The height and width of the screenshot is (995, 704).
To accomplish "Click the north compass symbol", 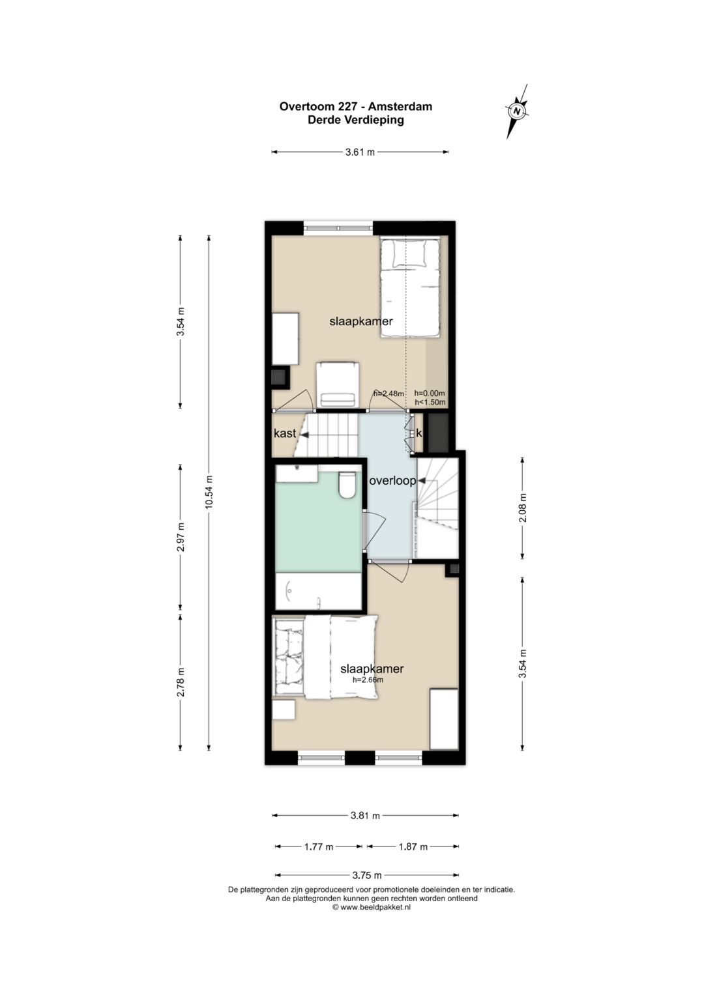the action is [x=516, y=111].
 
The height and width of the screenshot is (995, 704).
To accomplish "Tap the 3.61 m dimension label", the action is [x=360, y=152].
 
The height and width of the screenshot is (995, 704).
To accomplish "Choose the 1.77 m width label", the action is [x=319, y=846].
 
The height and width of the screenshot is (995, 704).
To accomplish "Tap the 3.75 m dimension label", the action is [x=366, y=876].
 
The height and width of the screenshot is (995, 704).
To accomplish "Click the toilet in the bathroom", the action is [x=346, y=485].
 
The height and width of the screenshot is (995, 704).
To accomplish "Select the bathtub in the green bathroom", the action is [x=318, y=591].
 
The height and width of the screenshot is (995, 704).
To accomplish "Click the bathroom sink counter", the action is [x=297, y=474].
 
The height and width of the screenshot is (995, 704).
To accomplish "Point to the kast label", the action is [x=285, y=433].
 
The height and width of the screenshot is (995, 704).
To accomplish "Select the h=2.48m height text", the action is [x=389, y=394].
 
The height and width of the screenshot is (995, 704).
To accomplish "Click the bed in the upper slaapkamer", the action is [x=409, y=288].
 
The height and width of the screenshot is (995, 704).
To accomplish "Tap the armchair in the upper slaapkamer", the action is [x=337, y=384].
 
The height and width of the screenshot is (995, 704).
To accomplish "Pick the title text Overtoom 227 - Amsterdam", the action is [x=355, y=107].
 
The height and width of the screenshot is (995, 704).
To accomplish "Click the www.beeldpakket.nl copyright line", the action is [x=372, y=908].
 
